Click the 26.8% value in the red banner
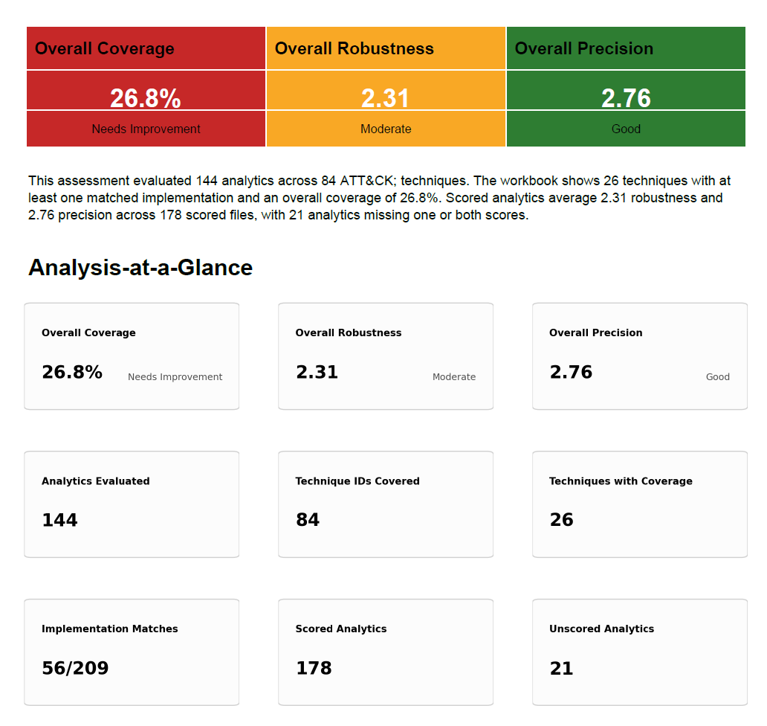tap(145, 98)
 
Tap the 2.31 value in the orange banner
tap(385, 98)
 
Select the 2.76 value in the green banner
tap(626, 98)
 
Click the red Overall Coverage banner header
tap(104, 48)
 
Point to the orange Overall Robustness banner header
tap(355, 48)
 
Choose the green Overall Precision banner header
tap(583, 48)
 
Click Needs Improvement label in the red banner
tap(146, 129)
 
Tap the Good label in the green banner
tap(626, 129)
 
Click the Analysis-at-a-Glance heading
tap(140, 268)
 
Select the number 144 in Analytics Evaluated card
tap(59, 520)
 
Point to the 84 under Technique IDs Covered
tap(308, 520)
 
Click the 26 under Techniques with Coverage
tap(562, 520)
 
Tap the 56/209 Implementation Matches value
tap(75, 668)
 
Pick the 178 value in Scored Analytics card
tap(314, 668)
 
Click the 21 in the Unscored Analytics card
tap(562, 668)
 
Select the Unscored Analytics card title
tap(601, 629)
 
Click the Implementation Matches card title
tap(109, 629)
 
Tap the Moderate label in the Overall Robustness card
tap(454, 377)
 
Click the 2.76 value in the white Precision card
tap(571, 372)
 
